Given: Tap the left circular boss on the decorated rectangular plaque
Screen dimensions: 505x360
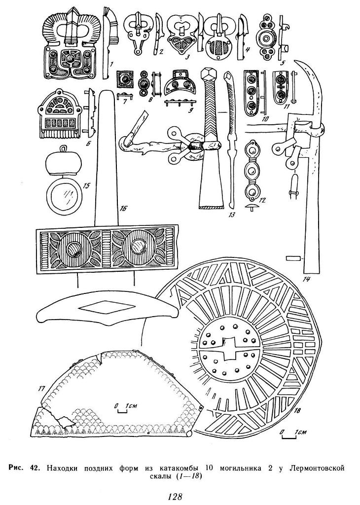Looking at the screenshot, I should [x=73, y=250].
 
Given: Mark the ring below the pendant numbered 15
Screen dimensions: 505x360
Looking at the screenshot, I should [x=63, y=196].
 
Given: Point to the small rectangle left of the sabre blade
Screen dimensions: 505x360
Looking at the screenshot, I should [x=293, y=257].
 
